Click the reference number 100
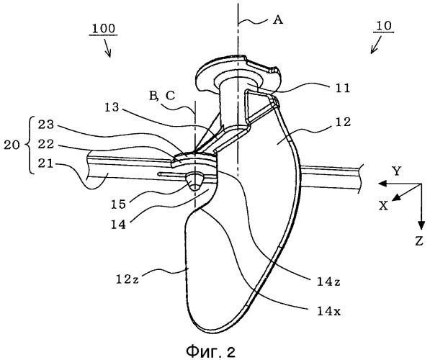(104, 29)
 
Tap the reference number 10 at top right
(384, 26)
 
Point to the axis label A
(278, 19)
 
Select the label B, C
(162, 96)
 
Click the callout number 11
(342, 89)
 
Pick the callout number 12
(343, 122)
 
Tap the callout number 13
(112, 107)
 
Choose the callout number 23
(46, 125)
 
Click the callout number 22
(46, 145)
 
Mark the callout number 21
(46, 164)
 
